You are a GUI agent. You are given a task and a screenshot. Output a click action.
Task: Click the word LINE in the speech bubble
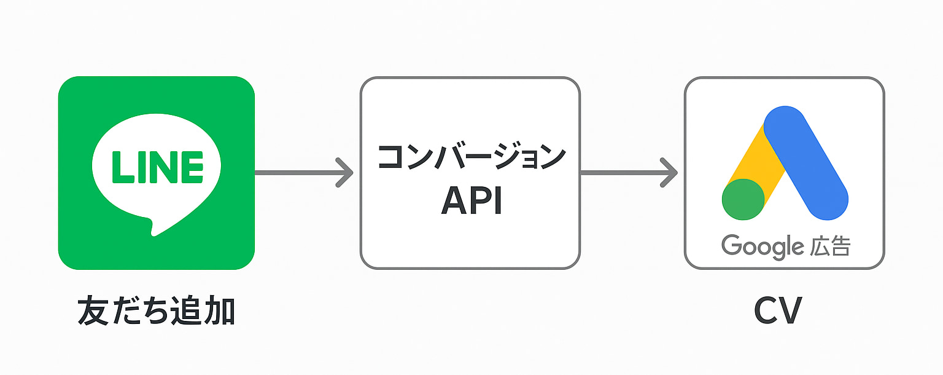click(x=157, y=166)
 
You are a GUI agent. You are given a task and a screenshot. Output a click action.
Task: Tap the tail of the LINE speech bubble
click(x=151, y=226)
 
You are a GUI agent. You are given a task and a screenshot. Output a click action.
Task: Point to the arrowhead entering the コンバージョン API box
click(x=345, y=173)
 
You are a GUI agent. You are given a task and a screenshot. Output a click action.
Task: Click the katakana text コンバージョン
click(x=470, y=158)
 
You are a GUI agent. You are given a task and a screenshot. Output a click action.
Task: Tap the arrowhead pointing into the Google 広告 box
click(x=670, y=173)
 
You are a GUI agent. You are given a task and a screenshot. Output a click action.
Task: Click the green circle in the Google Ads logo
click(x=743, y=199)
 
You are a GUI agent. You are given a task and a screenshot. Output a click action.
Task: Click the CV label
click(x=777, y=312)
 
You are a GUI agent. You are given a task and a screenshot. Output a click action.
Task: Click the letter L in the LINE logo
click(x=120, y=166)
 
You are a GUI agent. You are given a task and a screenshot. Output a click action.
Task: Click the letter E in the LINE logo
click(x=192, y=166)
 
